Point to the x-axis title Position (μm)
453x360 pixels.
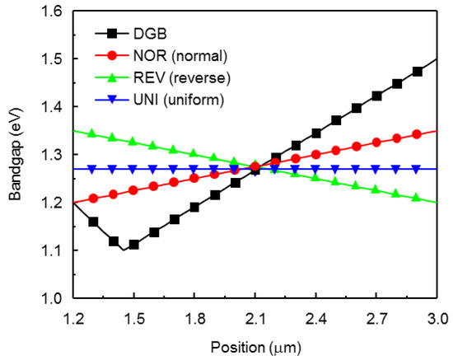coord(255,344)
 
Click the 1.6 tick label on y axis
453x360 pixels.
coord(52,12)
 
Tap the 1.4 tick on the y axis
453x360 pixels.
coord(52,107)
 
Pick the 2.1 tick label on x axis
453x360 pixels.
coord(255,317)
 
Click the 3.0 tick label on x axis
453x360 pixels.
coord(437,317)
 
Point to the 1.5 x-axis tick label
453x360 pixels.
coord(133,317)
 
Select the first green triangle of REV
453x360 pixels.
coord(92,133)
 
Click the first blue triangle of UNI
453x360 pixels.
coord(92,169)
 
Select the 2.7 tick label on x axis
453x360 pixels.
coord(376,317)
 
